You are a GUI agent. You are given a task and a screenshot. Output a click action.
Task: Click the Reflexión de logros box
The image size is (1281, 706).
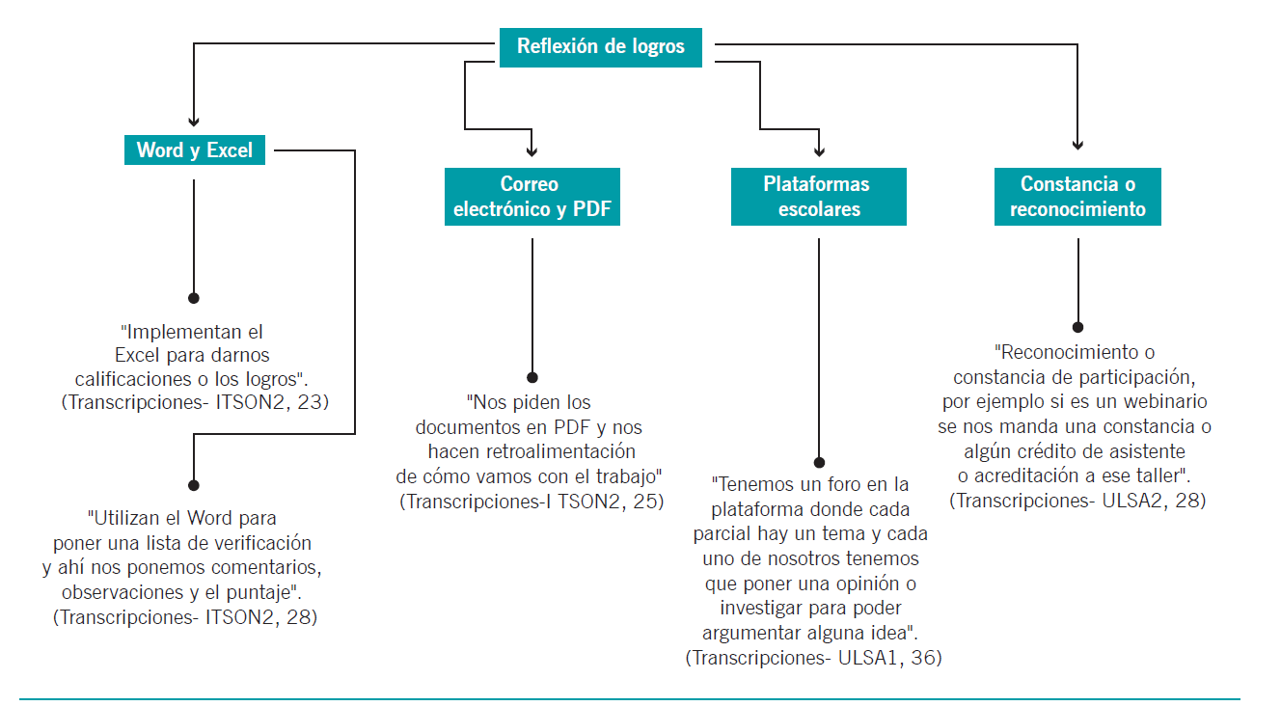pyautogui.click(x=600, y=47)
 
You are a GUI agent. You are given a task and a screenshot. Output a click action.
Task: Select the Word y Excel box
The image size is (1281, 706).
pyautogui.click(x=195, y=149)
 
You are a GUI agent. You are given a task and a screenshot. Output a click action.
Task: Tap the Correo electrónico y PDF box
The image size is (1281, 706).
pyautogui.click(x=531, y=197)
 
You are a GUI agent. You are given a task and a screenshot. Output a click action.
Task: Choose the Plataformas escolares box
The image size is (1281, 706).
pyautogui.click(x=818, y=197)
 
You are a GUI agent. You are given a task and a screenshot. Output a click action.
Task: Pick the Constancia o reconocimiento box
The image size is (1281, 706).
pyautogui.click(x=1077, y=197)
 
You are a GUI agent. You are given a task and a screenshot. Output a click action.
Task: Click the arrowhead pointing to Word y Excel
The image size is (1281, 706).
pyautogui.click(x=194, y=122)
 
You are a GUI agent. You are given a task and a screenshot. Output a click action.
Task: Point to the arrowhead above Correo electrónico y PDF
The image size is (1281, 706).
pyautogui.click(x=531, y=151)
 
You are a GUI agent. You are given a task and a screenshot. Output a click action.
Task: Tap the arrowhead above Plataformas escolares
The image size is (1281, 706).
pyautogui.click(x=819, y=151)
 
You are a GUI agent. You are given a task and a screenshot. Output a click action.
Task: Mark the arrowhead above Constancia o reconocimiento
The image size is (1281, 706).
pyautogui.click(x=1078, y=145)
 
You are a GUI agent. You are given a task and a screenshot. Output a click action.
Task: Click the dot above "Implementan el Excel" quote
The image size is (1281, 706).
pyautogui.click(x=194, y=298)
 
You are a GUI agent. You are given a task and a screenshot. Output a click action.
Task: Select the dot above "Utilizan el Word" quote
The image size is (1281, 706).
pyautogui.click(x=194, y=485)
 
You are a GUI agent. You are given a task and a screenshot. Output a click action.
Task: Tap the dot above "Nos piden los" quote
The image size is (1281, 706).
pyautogui.click(x=532, y=377)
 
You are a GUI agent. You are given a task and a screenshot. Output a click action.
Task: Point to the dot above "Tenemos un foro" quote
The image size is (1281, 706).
pyautogui.click(x=819, y=463)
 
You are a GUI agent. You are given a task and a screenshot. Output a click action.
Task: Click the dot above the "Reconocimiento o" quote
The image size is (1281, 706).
pyautogui.click(x=1078, y=328)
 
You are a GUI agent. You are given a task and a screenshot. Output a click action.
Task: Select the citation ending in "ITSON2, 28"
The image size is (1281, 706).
pyautogui.click(x=185, y=617)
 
